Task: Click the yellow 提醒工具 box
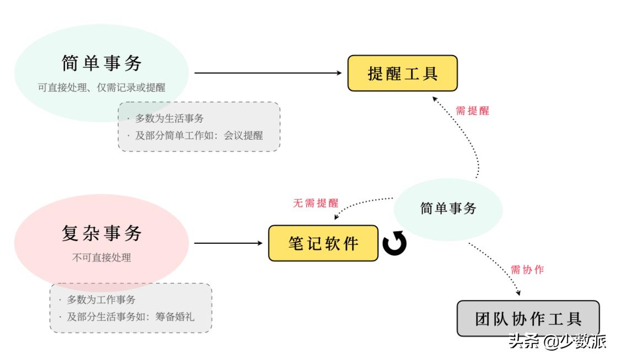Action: click(x=402, y=73)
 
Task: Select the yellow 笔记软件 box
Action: click(x=323, y=243)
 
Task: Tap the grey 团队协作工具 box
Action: click(x=528, y=318)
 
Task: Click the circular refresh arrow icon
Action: click(x=394, y=244)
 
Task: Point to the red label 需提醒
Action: click(x=472, y=111)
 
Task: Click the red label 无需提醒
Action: click(x=315, y=203)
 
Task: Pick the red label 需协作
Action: click(x=527, y=270)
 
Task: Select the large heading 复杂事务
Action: click(x=102, y=233)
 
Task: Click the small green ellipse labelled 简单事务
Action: click(x=448, y=209)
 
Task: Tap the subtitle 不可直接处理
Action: click(x=102, y=257)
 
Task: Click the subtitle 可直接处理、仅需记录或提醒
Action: click(x=101, y=87)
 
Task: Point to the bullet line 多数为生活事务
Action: click(x=169, y=118)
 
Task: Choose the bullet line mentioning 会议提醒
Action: click(x=199, y=135)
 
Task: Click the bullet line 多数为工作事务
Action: click(x=101, y=300)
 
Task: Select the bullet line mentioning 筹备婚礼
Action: click(x=131, y=317)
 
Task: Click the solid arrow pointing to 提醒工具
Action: click(x=268, y=73)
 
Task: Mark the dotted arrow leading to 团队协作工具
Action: click(x=496, y=268)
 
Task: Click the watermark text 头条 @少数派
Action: click(x=558, y=341)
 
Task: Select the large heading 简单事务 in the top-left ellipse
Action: click(x=102, y=64)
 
